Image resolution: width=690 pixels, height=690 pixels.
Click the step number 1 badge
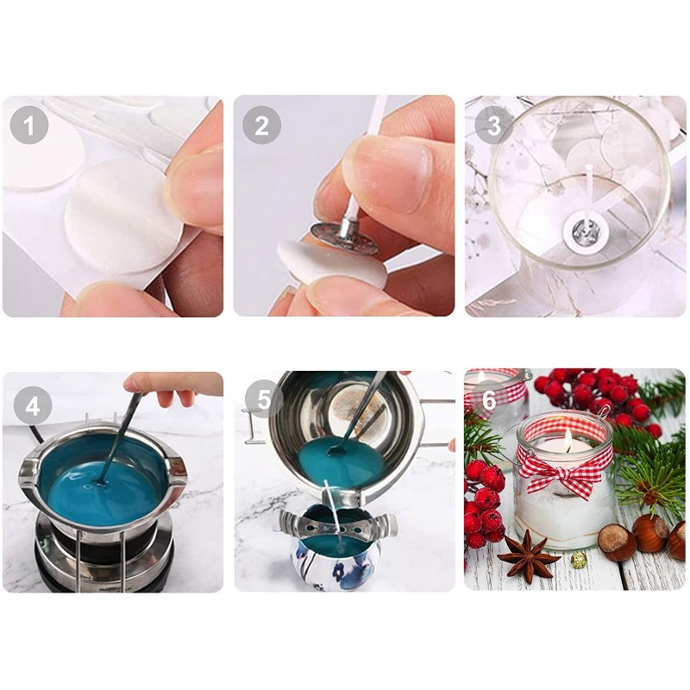pyautogui.click(x=29, y=125)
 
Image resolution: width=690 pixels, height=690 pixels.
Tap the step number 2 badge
pyautogui.click(x=261, y=125)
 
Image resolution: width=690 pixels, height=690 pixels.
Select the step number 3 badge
pyautogui.click(x=493, y=125)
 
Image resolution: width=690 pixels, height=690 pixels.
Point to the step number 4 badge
pyautogui.click(x=33, y=405)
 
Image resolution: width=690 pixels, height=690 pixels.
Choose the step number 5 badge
pyautogui.click(x=264, y=399)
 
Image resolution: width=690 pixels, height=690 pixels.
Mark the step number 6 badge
pyautogui.click(x=489, y=399)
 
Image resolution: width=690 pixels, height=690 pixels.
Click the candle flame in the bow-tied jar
pyautogui.click(x=568, y=440)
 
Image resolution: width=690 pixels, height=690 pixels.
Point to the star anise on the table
pyautogui.click(x=528, y=555)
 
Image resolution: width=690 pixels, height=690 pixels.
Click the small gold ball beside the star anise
pyautogui.click(x=578, y=560)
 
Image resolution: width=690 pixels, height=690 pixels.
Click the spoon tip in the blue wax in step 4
pyautogui.click(x=102, y=483)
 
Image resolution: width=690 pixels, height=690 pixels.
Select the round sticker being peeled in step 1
pyautogui.click(x=123, y=216)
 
